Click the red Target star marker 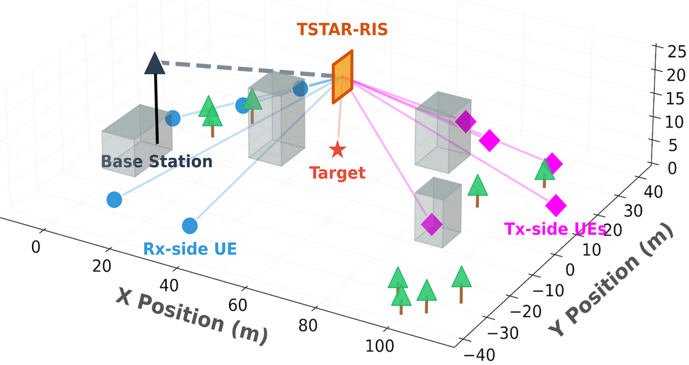click(337, 150)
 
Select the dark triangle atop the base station click(155, 63)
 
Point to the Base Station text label click(157, 162)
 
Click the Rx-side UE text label click(190, 249)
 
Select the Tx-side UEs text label click(556, 229)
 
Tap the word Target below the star click(337, 173)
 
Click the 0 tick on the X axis click(36, 248)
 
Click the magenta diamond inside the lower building click(432, 223)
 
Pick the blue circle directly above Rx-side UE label click(190, 226)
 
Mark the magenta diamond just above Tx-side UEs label click(556, 204)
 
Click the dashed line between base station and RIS click(247, 70)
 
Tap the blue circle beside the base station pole click(173, 119)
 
